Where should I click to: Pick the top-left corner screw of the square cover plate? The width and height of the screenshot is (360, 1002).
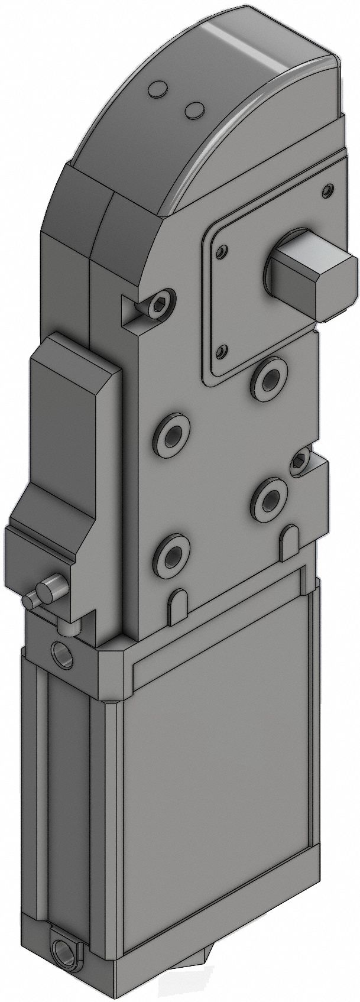coord(220,252)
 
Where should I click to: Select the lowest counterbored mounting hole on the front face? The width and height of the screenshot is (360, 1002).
coord(173,556)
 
